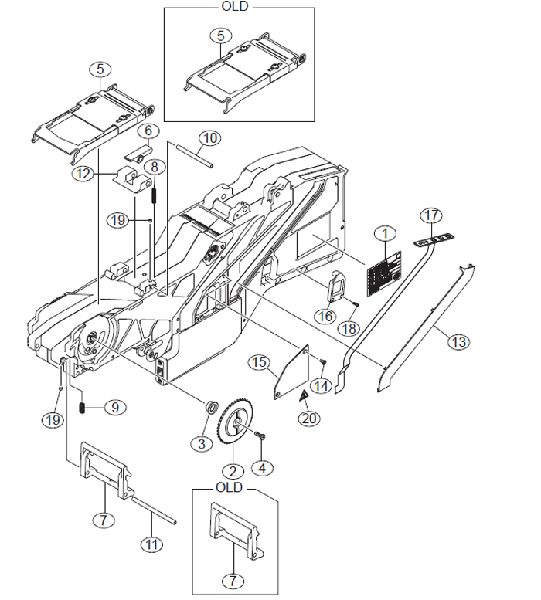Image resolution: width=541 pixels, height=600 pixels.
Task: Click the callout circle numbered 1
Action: [385, 232]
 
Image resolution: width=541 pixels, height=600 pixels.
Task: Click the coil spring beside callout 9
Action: [83, 406]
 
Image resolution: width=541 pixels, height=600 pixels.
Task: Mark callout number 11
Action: [152, 544]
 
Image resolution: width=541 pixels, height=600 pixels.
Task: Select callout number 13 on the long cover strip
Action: [460, 340]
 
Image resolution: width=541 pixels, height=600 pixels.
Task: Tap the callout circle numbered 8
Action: [155, 166]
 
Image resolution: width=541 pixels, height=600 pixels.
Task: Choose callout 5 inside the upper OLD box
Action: [222, 36]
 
